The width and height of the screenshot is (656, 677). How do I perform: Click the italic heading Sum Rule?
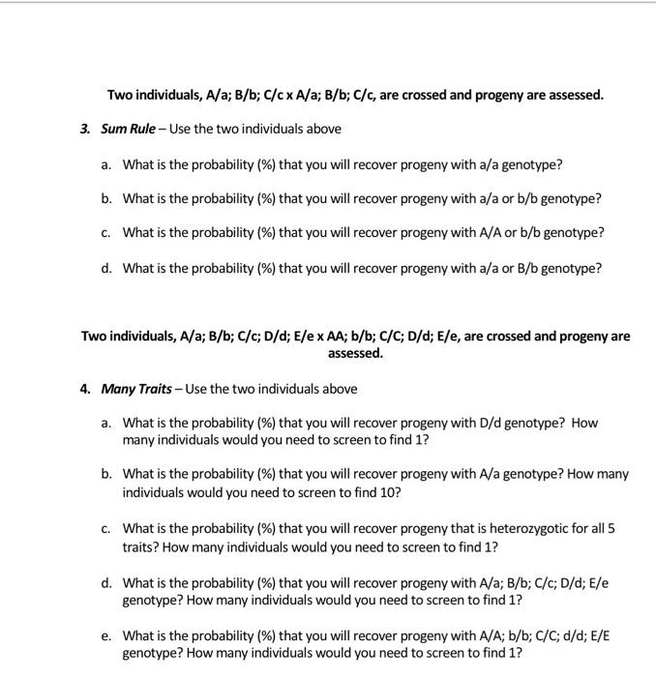click(x=129, y=129)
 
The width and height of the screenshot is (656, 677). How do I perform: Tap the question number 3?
click(x=85, y=129)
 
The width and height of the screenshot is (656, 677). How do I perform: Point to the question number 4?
click(x=85, y=389)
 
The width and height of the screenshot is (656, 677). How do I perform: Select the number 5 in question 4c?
click(x=611, y=528)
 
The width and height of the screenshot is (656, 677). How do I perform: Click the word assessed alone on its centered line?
click(x=355, y=353)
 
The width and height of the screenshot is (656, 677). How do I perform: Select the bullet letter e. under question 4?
click(x=105, y=635)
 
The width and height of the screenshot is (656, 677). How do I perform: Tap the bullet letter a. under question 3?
click(x=105, y=164)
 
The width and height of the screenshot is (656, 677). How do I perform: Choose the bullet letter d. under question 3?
click(x=105, y=268)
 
